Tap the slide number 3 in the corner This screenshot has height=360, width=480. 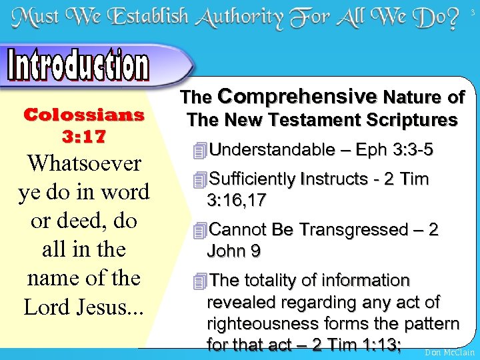click(x=474, y=11)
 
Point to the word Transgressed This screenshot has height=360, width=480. click(x=350, y=230)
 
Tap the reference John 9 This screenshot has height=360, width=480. click(x=234, y=251)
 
